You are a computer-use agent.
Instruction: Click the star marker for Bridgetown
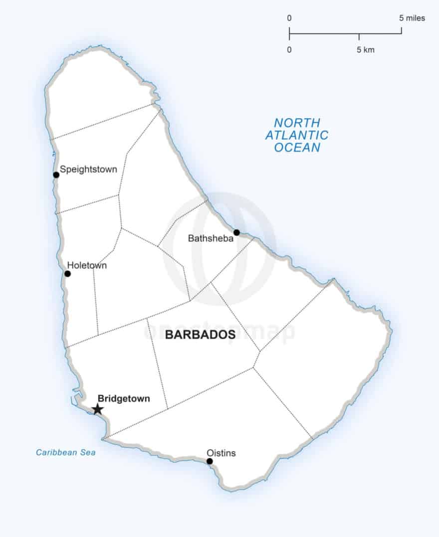[98, 409]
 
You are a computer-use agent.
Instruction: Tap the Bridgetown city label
[124, 398]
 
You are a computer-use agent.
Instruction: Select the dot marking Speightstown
[56, 175]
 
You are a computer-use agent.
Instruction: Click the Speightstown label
[88, 170]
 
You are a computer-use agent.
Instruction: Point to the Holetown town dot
[67, 274]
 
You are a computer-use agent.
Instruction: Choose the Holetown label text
[87, 266]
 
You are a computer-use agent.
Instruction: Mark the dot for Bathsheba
[236, 232]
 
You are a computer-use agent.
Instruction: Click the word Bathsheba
[211, 238]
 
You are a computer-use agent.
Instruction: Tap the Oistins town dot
[210, 461]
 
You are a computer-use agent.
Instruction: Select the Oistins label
[221, 453]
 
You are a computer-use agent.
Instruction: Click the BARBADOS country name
[200, 335]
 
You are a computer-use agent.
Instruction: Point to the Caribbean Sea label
[65, 453]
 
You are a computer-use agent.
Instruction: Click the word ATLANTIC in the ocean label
[297, 135]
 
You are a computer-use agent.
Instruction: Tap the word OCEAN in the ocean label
[297, 148]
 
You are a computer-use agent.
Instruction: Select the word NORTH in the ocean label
[297, 123]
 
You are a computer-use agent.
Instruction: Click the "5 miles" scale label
[412, 18]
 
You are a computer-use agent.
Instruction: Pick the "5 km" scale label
[365, 50]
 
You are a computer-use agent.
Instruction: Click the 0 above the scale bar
[289, 18]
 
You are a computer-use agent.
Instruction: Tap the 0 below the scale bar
[289, 50]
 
